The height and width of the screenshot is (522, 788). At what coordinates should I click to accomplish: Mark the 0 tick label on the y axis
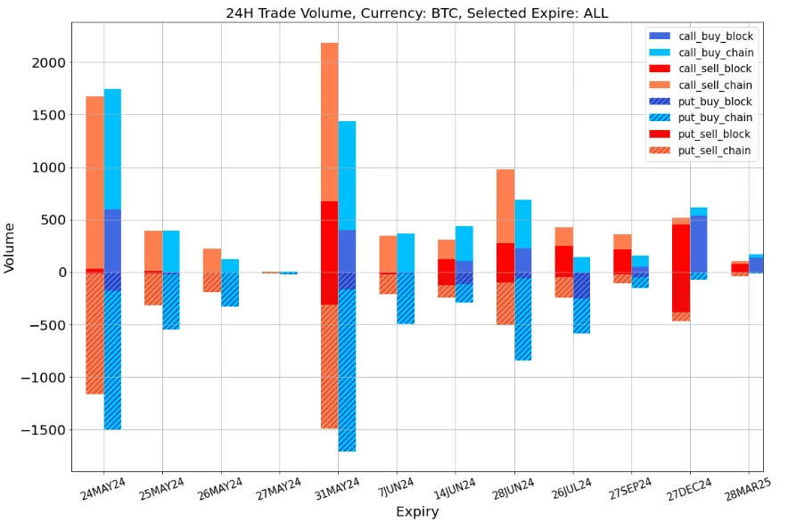[61, 273]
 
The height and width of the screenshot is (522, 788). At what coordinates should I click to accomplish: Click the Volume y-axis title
[10, 249]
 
